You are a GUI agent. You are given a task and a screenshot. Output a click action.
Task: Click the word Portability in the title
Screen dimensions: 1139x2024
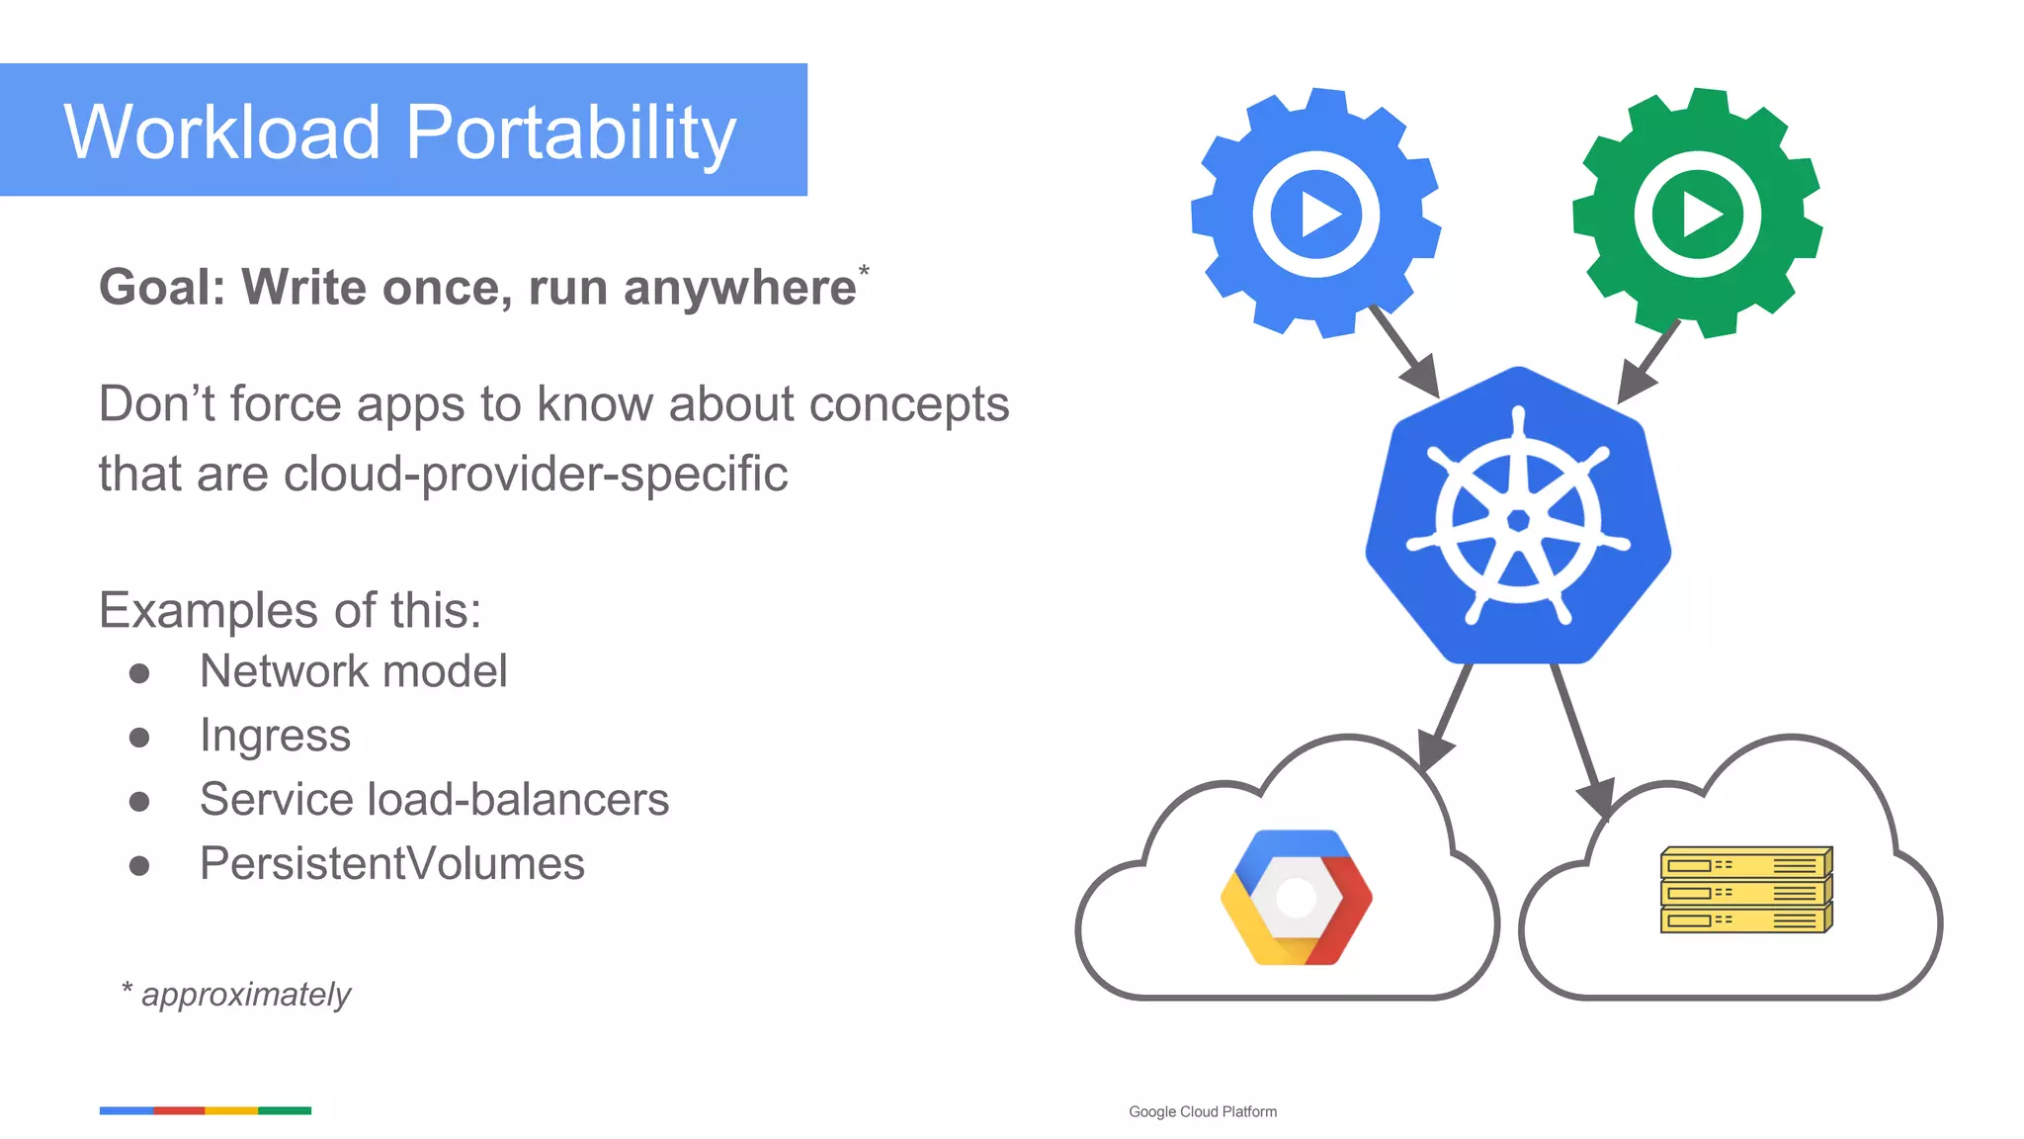pos(571,132)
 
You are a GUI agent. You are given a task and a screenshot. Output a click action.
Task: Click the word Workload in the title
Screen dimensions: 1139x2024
pos(222,132)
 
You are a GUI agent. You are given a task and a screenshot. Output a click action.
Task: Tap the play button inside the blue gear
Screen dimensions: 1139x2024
pos(1316,215)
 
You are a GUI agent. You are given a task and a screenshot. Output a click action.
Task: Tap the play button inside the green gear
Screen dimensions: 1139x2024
pos(1698,215)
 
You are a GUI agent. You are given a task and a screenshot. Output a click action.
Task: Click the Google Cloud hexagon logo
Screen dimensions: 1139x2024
pos(1297,898)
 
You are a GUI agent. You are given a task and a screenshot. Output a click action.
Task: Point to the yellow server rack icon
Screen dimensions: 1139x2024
pos(1746,890)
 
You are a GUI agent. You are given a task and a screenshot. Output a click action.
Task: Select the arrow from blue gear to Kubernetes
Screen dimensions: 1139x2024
pos(1404,351)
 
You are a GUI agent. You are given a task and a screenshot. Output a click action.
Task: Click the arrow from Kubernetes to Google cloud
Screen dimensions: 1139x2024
pos(1446,717)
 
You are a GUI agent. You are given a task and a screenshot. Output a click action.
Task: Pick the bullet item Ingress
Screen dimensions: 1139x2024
pos(275,736)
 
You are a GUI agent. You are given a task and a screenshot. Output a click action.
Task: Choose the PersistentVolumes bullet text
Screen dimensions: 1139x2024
pos(391,863)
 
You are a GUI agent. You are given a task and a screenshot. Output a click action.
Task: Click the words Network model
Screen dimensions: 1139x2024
pos(353,671)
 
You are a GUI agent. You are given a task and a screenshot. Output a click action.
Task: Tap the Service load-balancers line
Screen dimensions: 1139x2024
pos(434,799)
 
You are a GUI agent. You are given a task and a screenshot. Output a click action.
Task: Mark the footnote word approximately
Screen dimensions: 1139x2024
pos(246,994)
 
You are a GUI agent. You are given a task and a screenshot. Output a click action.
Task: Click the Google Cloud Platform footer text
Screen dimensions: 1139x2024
pos(1203,1111)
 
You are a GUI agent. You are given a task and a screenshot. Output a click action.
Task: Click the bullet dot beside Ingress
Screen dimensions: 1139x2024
pos(139,738)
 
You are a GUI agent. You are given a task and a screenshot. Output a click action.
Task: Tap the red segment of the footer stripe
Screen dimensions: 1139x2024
pos(179,1110)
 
